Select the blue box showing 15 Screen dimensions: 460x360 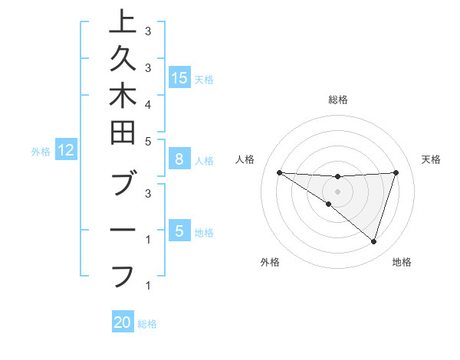[179, 78]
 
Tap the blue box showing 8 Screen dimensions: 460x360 [179, 160]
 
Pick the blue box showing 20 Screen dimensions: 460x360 [123, 323]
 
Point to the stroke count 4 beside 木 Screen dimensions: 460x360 [148, 104]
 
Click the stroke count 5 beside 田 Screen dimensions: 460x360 [148, 141]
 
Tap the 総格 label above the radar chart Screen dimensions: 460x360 [338, 100]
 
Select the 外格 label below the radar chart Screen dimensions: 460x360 [270, 262]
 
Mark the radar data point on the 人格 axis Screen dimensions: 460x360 [279, 172]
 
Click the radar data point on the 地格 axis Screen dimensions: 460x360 [373, 242]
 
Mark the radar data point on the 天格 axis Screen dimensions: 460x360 [396, 172]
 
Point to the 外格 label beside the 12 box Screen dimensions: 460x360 [41, 152]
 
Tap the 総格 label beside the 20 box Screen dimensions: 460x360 [147, 324]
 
